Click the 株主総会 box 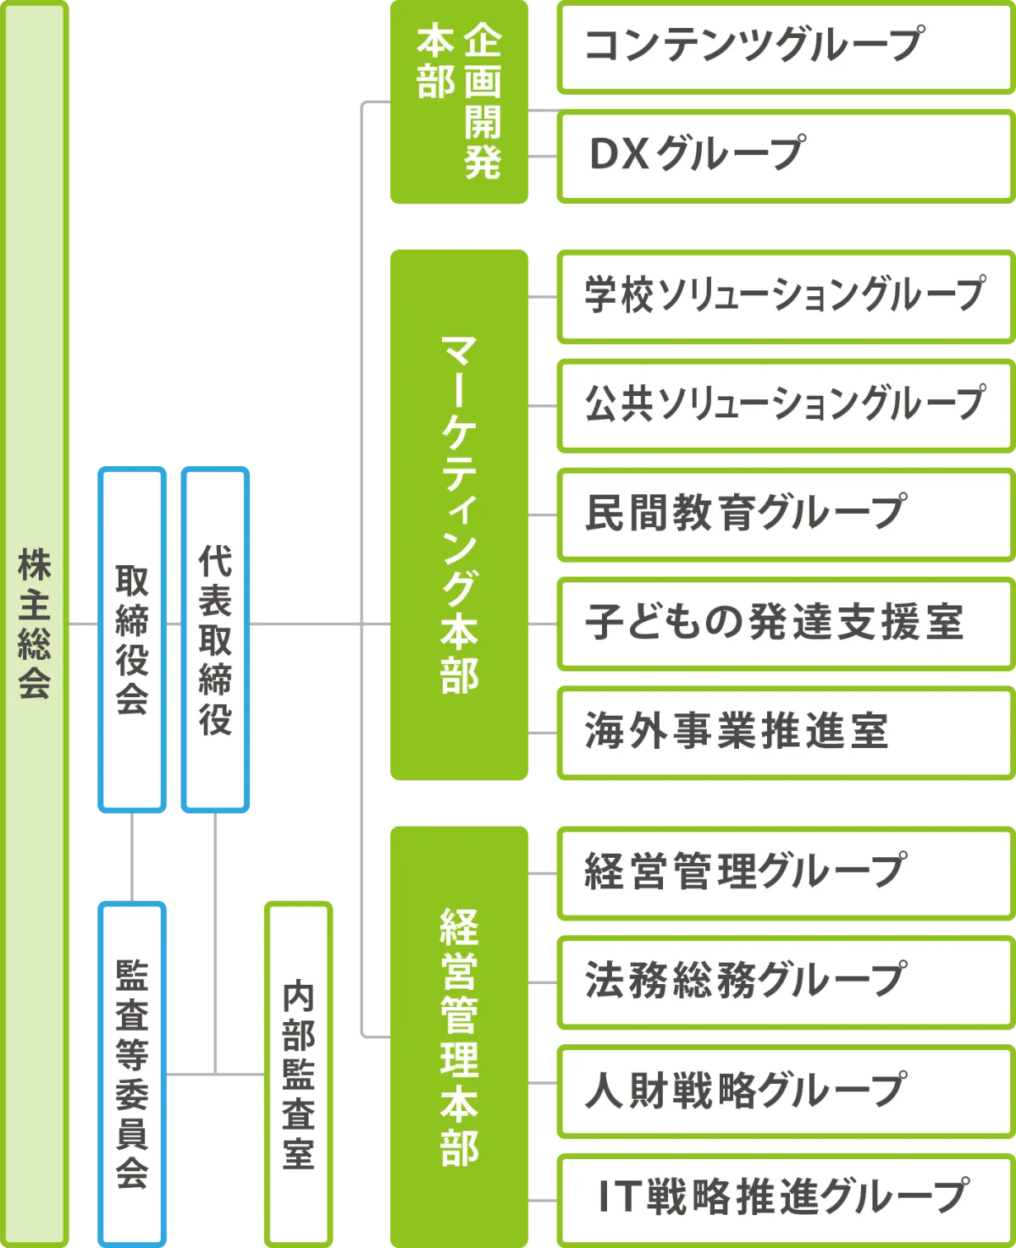[36, 624]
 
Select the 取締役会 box [131, 639]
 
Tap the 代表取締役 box [214, 639]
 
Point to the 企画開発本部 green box [458, 103]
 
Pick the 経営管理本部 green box [458, 1036]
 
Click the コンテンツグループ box [786, 47]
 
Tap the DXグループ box [786, 156]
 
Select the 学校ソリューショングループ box [786, 297]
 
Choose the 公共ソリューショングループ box [786, 405]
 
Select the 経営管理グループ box [786, 872]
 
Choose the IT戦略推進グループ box [786, 1198]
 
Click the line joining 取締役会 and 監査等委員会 [132, 858]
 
